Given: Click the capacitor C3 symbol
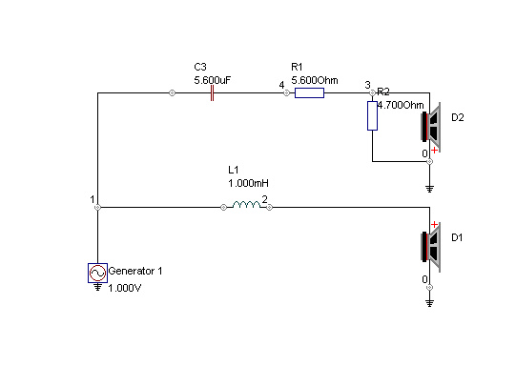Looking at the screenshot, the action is click(213, 93).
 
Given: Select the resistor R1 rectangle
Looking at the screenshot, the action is click(309, 93).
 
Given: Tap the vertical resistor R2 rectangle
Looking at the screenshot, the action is click(372, 115).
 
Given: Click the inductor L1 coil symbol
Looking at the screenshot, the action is click(246, 205).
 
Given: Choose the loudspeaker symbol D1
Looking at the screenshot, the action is click(431, 247).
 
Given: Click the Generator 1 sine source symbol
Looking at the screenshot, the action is click(97, 273).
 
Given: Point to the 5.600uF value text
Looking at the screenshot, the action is click(213, 80).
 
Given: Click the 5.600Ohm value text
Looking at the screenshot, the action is click(315, 80).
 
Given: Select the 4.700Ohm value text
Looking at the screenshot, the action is click(401, 105).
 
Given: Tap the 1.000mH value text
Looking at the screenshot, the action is click(248, 183).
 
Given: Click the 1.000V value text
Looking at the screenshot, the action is click(125, 288).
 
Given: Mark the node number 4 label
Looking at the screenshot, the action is click(281, 85).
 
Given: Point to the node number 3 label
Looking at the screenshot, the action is click(367, 85).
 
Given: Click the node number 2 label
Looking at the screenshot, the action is click(264, 199).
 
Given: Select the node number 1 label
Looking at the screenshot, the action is click(93, 199).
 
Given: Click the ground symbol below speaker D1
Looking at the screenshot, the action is click(429, 303).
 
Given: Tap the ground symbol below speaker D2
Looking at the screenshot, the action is click(429, 189).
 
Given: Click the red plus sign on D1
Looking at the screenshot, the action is click(434, 225).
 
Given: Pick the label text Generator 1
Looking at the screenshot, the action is click(135, 271).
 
